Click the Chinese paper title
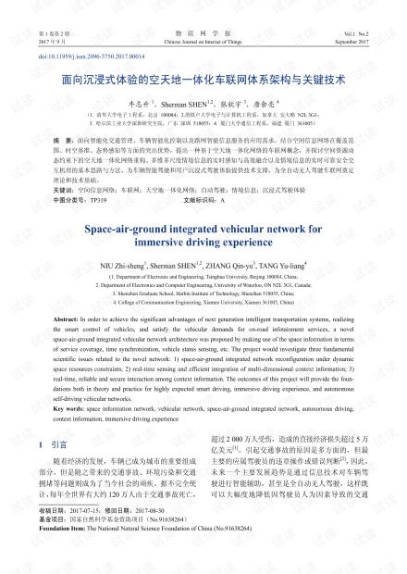coord(203,81)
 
